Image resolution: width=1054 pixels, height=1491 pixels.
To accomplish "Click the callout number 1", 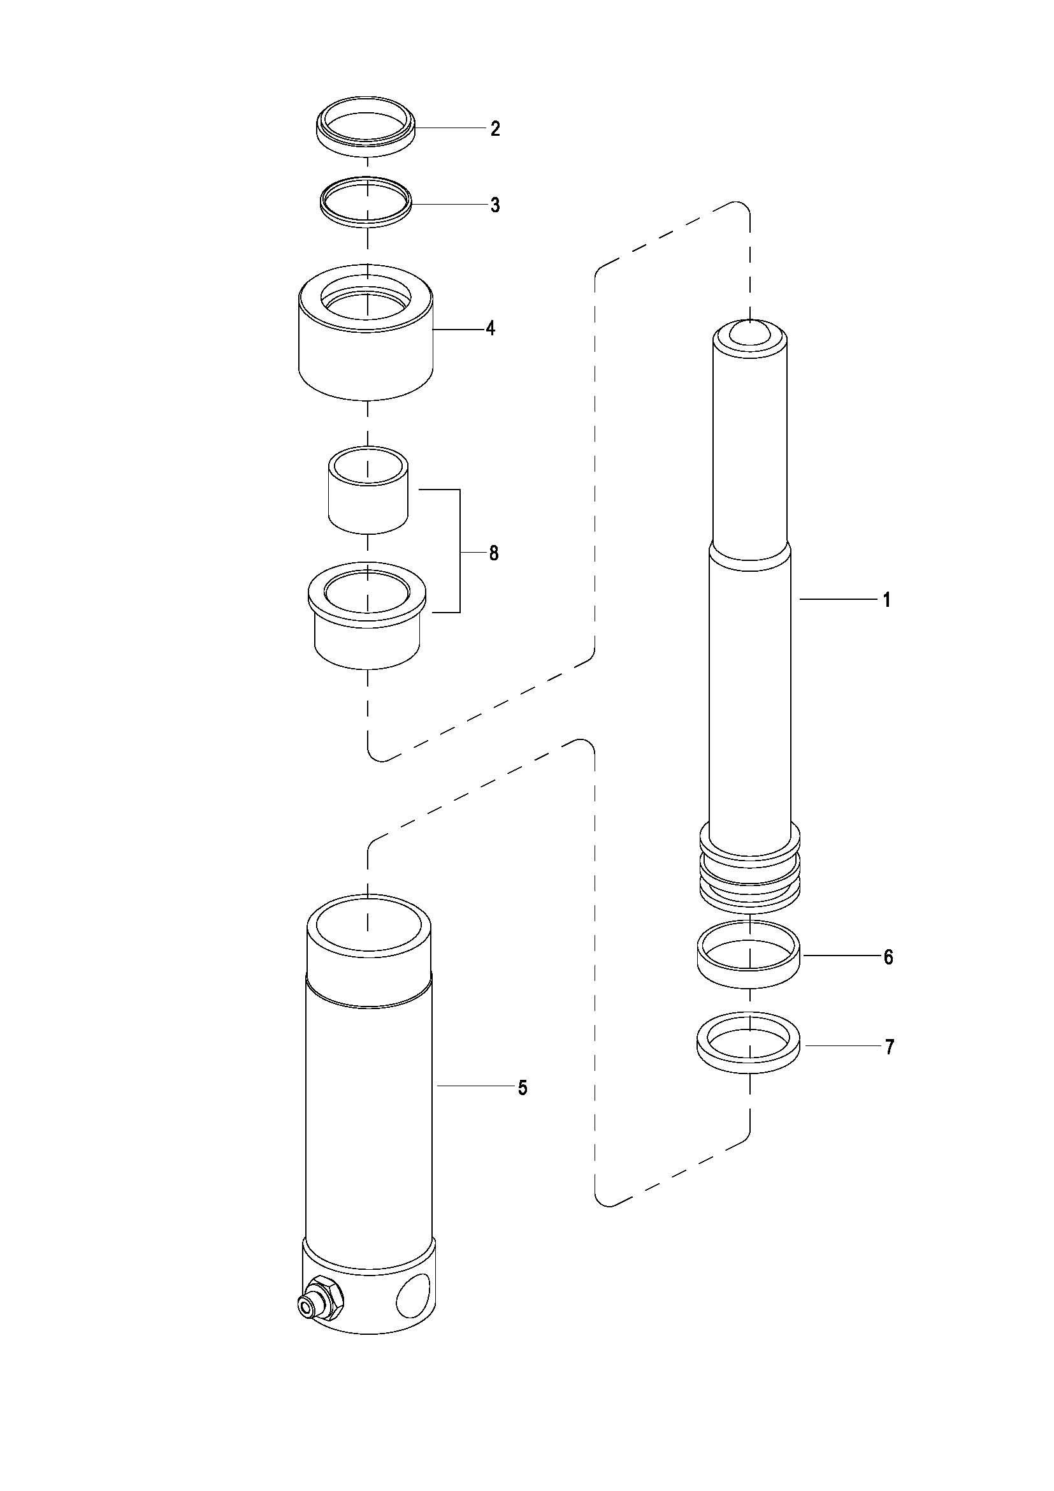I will click(887, 600).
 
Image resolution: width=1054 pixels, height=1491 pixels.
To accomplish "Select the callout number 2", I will click(495, 129).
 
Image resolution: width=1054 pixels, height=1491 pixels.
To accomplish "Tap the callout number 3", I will click(495, 205).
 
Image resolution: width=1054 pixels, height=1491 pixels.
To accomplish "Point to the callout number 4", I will click(491, 328).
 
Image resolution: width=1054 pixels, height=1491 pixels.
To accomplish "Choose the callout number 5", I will click(523, 1087).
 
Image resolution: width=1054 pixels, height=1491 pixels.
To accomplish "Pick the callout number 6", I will click(888, 957).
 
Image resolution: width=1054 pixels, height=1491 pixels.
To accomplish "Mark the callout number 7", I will click(889, 1047).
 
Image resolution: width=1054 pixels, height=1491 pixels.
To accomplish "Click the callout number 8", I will click(494, 553).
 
